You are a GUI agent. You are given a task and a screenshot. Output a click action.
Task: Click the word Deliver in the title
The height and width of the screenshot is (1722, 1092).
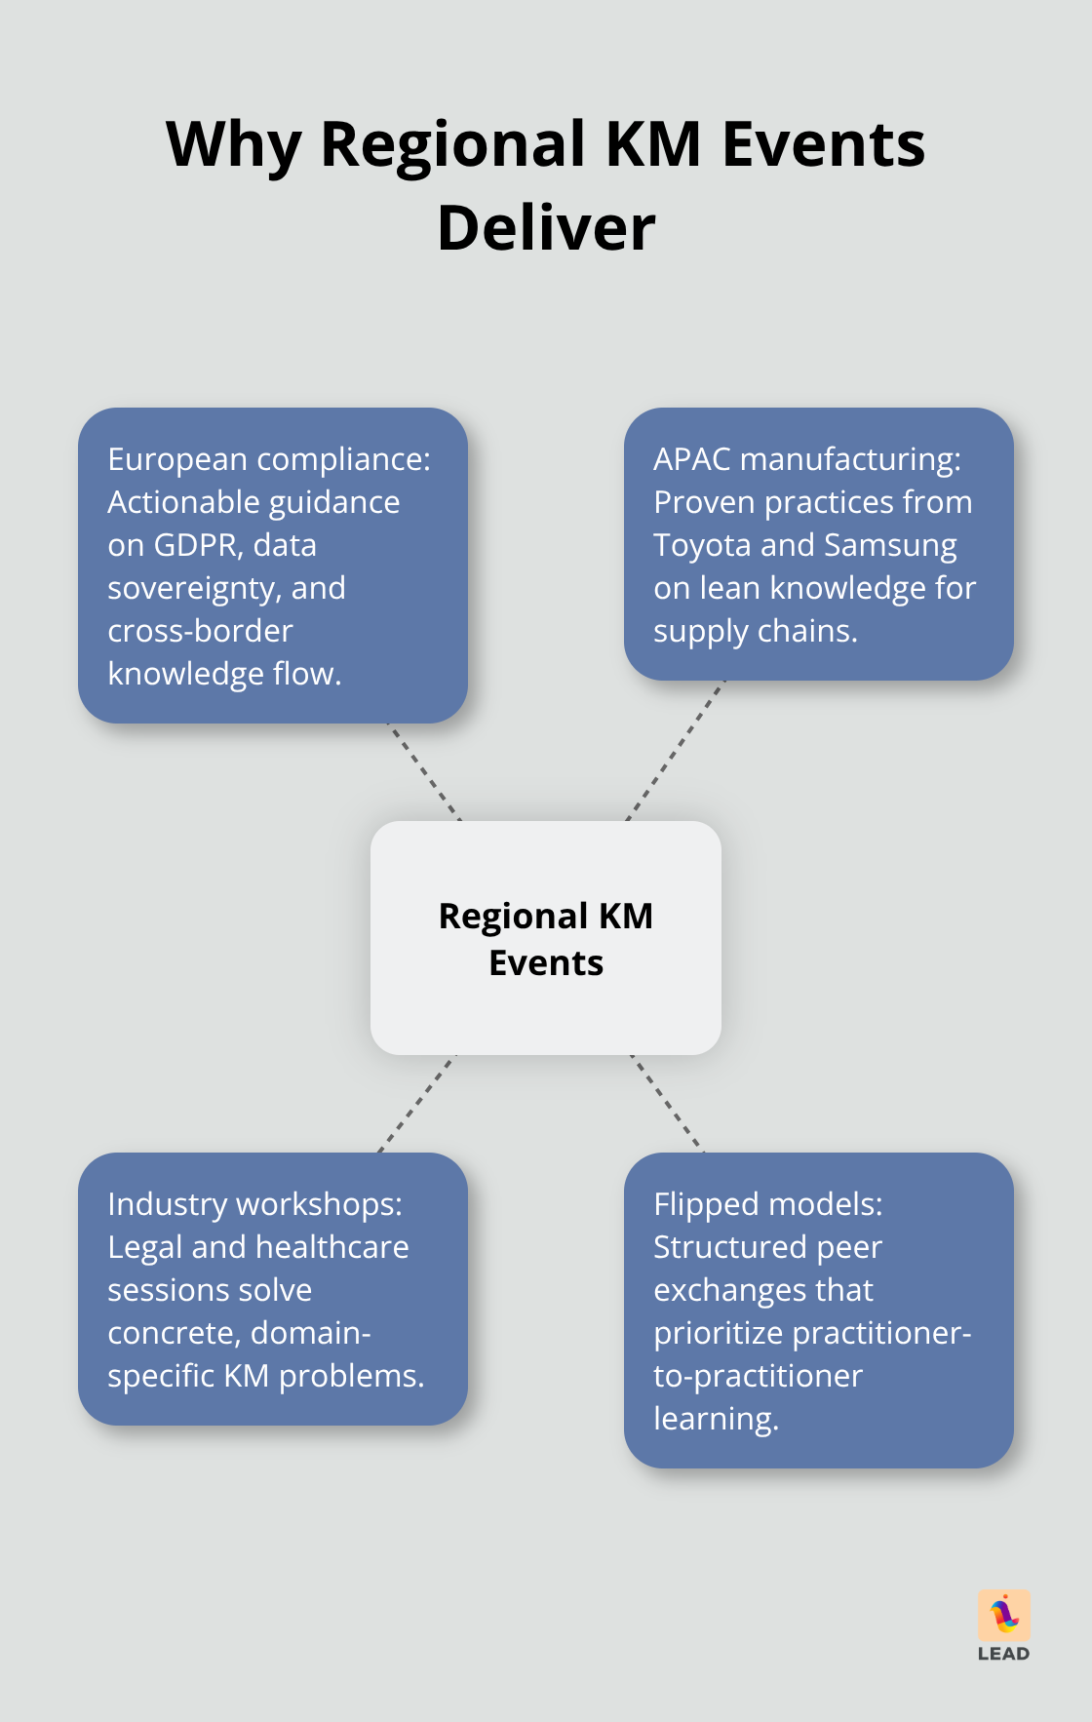[x=546, y=228]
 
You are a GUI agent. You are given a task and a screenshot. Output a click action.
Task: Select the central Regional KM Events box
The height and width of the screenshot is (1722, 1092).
[x=546, y=938]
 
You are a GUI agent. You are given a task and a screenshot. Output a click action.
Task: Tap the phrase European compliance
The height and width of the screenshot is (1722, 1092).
[x=268, y=459]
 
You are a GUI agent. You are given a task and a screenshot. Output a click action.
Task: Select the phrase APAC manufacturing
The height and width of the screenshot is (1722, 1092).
[x=806, y=459]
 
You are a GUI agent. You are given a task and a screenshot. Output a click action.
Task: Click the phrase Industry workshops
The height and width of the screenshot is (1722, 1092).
[x=254, y=1204]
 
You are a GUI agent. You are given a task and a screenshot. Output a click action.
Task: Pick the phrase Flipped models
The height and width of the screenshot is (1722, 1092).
[x=767, y=1204]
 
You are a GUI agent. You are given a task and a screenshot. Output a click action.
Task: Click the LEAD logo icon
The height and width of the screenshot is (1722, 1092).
[x=1004, y=1616]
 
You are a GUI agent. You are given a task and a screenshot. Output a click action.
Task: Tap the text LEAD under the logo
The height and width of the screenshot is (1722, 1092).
[x=1003, y=1654]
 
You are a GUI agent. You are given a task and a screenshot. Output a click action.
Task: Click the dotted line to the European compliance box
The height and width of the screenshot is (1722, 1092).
[x=424, y=772]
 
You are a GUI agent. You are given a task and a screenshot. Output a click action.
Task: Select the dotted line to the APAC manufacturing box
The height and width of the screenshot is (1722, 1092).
[x=676, y=751]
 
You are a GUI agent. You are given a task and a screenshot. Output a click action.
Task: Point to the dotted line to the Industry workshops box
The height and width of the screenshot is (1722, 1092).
[x=416, y=1104]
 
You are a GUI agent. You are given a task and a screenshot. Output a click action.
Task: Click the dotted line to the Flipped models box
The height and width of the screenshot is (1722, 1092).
[x=667, y=1104]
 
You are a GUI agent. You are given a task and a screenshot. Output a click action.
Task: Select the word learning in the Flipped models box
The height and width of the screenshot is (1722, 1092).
[x=715, y=1419]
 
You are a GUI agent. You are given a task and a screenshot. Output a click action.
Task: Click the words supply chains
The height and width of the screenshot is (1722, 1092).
[x=755, y=631]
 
